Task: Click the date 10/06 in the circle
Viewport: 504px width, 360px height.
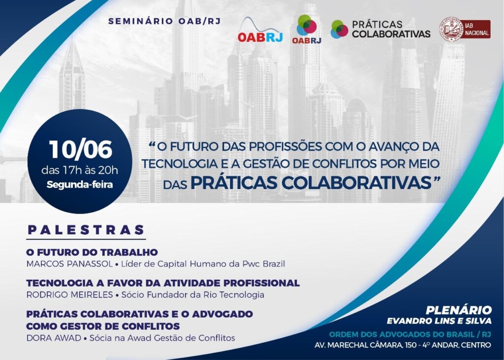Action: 80,149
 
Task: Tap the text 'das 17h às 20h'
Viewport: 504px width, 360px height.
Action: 80,170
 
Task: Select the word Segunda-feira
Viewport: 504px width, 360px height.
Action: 80,185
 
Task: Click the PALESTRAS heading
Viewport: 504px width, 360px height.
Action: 86,230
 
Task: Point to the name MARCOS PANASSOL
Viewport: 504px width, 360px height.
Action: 69,264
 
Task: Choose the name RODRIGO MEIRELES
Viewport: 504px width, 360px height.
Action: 70,295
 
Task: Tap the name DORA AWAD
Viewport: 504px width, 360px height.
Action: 54,338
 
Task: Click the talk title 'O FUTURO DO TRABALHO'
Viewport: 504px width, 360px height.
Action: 92,252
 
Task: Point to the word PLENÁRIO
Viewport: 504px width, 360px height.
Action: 459,310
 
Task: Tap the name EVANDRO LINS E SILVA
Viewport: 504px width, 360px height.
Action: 439,321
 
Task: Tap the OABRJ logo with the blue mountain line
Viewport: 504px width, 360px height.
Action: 260,31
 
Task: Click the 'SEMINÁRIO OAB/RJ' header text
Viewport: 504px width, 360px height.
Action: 164,22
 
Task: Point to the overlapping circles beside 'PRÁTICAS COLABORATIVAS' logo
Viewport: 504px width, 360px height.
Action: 339,29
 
